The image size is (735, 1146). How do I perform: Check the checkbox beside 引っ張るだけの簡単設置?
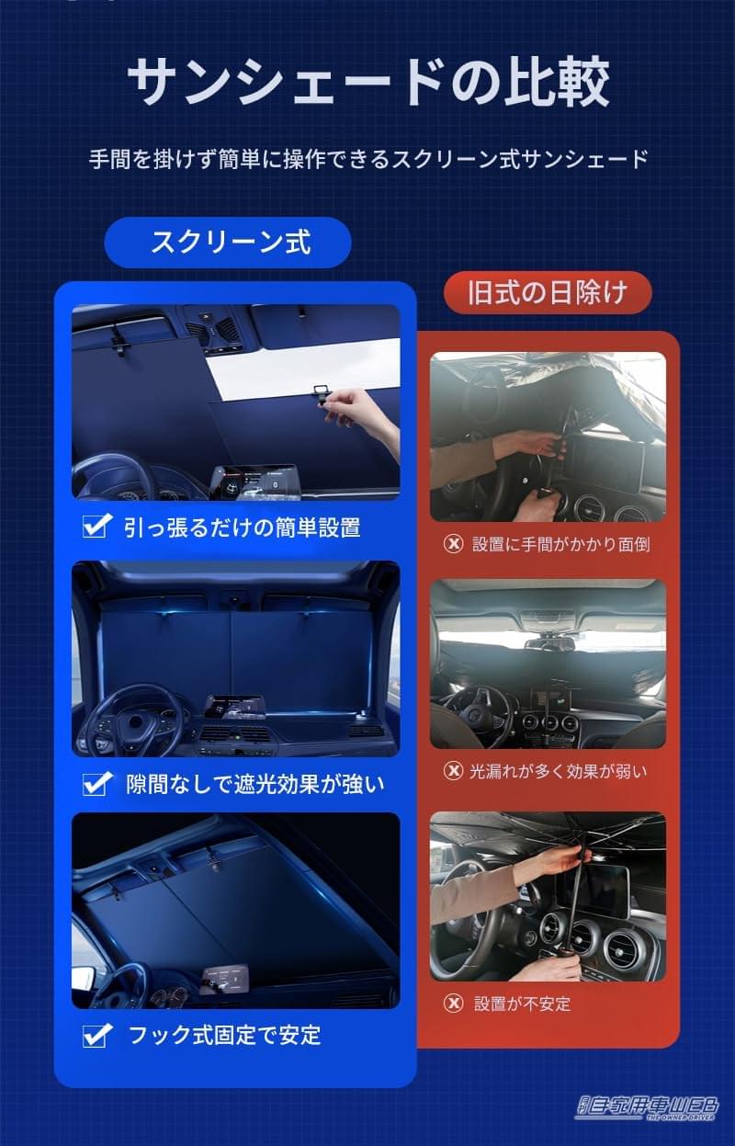point(96,527)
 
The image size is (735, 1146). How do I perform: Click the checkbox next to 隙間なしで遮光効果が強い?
point(96,784)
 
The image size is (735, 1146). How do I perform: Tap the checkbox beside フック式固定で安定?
point(96,1036)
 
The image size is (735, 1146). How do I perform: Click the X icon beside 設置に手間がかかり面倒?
point(453,543)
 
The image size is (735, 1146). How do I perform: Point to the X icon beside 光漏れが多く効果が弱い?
point(453,770)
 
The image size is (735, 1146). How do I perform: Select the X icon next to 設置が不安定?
point(453,1003)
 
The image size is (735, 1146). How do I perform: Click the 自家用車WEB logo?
point(648,1107)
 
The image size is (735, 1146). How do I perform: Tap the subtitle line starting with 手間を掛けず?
point(367,158)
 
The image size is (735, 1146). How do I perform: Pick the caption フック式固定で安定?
point(224,1036)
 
